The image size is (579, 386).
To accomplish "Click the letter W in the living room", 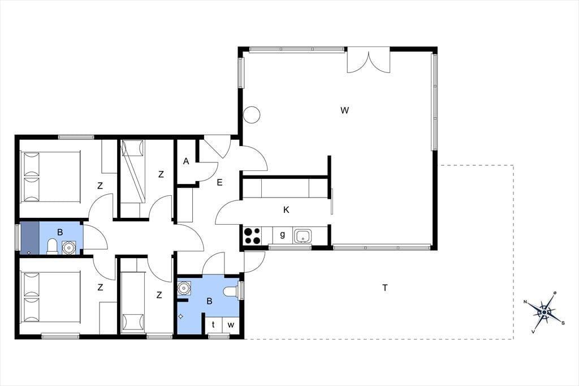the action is click(x=344, y=110).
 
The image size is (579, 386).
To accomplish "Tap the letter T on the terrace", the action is click(x=385, y=288).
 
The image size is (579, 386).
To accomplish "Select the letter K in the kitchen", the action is click(x=286, y=209).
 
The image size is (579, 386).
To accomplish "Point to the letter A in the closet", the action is click(x=186, y=161).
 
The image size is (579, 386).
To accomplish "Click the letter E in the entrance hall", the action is click(x=220, y=182).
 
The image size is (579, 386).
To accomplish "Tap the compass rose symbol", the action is click(x=545, y=312).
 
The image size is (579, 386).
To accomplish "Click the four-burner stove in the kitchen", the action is click(x=253, y=236).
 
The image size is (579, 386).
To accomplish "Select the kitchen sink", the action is click(x=303, y=236).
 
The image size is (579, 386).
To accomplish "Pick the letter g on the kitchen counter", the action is click(x=283, y=234).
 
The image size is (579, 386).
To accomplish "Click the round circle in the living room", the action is click(x=252, y=115).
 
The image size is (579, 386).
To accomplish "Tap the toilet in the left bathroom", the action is click(x=52, y=247).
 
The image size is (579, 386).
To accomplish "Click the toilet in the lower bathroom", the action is click(x=232, y=291).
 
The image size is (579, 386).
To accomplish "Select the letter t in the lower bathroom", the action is click(x=213, y=325).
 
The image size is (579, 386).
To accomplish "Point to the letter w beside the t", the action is click(x=231, y=325).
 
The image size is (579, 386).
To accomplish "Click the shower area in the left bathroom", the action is click(x=29, y=238).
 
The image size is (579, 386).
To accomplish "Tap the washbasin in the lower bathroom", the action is click(x=184, y=288).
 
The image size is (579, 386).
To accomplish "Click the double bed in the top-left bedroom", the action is click(x=51, y=177).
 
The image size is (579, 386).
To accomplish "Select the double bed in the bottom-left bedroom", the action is click(x=51, y=297).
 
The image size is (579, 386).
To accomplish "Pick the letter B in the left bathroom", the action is click(x=60, y=232).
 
